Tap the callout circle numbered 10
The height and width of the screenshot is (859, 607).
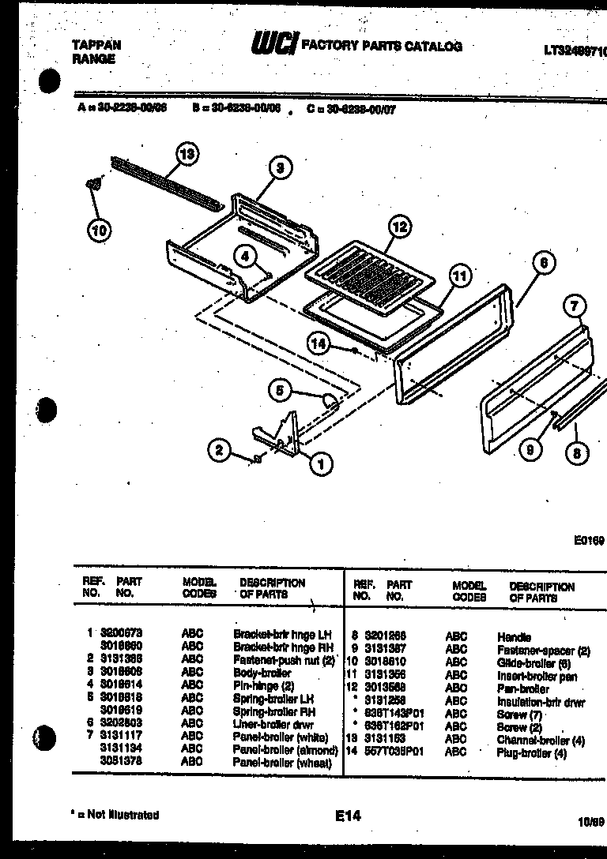pos(99,231)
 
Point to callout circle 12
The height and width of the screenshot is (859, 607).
pos(400,227)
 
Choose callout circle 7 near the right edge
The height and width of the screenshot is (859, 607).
pos(575,306)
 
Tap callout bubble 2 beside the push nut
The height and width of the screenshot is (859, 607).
pos(219,451)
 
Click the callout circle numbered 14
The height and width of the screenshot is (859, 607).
pos(318,343)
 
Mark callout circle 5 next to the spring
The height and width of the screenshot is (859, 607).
pos(279,388)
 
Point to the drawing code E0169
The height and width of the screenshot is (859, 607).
pos(589,541)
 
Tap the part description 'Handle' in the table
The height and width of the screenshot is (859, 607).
pos(514,637)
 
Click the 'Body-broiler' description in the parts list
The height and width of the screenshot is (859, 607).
pos(262,673)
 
